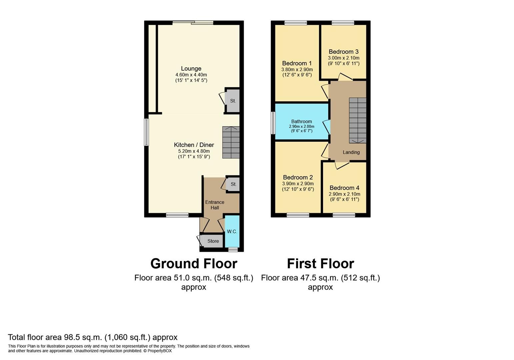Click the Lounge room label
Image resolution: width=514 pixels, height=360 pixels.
[191, 69]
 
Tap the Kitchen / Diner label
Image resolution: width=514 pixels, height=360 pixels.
[194, 145]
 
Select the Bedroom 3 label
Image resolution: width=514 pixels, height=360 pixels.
[343, 52]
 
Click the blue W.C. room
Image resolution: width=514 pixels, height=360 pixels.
[232, 231]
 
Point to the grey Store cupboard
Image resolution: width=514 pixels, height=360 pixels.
[213, 241]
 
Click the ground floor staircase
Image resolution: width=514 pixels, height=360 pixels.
[231, 142]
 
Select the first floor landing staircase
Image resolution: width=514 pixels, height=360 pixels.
[357, 120]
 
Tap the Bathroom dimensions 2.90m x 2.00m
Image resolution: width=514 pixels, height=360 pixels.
[301, 127]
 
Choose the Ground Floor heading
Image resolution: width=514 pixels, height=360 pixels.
[194, 264]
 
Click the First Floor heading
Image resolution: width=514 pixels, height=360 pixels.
[320, 264]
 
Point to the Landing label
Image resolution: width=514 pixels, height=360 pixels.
[351, 152]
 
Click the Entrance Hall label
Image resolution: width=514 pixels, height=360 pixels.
[215, 205]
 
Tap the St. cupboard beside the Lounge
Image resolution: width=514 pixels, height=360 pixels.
[233, 101]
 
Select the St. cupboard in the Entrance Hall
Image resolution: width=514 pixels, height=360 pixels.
[233, 184]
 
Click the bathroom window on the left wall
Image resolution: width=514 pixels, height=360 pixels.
[273, 123]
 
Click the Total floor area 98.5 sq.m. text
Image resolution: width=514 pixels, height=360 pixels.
[92, 337]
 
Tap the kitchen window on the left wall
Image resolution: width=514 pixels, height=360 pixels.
[146, 132]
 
